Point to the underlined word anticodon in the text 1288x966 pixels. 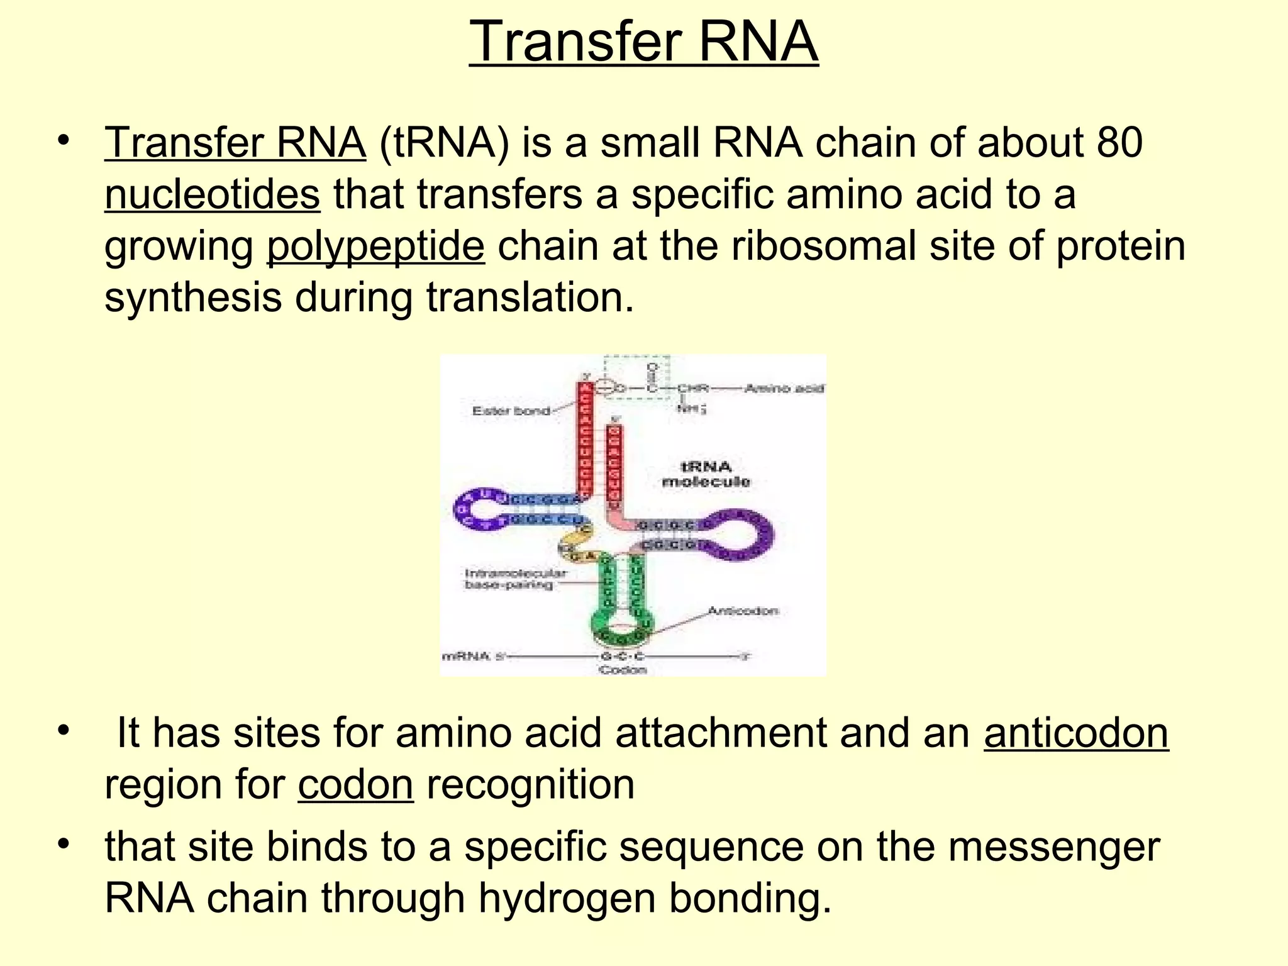[1076, 733]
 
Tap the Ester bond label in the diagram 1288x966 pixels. [511, 411]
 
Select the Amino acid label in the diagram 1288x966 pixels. [784, 389]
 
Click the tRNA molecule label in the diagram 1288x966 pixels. [706, 474]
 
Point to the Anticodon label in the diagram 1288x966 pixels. [743, 611]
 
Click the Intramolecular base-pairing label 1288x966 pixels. [514, 579]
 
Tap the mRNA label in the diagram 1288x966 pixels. [466, 657]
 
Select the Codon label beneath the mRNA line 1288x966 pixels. [623, 670]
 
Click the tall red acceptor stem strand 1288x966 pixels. [586, 440]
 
